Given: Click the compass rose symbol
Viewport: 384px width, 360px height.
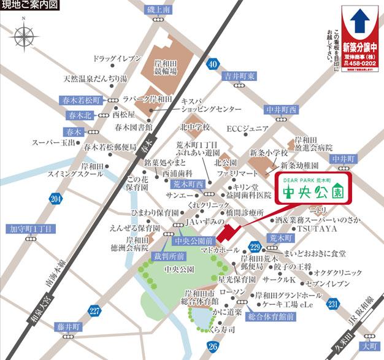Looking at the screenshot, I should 24,38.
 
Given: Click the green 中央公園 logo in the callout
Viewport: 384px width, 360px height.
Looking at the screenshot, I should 309,191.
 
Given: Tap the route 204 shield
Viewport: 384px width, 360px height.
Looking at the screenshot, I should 56,199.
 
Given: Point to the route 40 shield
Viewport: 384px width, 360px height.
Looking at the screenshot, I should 212,64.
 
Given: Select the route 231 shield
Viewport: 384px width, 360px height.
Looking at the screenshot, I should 332,305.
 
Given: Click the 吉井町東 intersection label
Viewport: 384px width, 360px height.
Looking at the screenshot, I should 239,76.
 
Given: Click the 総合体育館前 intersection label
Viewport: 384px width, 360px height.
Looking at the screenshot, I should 271,316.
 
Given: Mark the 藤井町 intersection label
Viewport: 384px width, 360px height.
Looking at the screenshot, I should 67,326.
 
